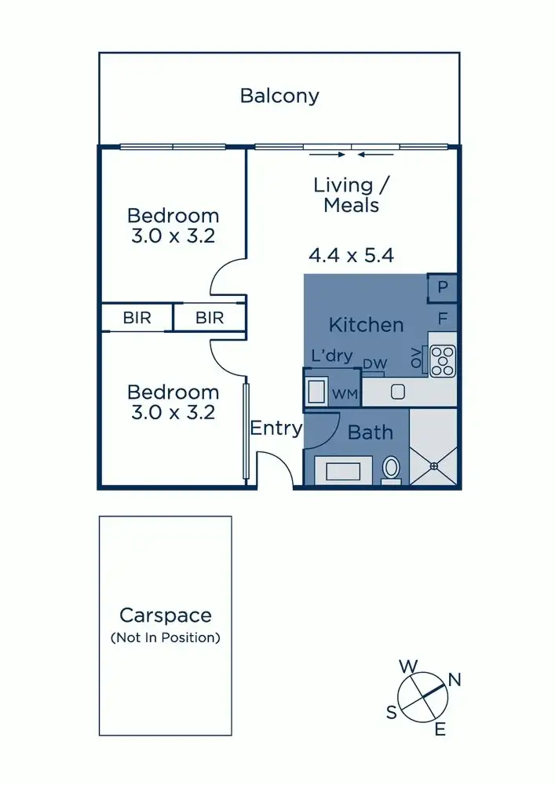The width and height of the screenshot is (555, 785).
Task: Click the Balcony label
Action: [x=279, y=97]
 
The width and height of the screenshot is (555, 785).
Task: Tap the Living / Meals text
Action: [x=346, y=195]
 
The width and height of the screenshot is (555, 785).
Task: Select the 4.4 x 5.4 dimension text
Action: [x=350, y=255]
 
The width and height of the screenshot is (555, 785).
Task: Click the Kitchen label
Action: [x=366, y=324]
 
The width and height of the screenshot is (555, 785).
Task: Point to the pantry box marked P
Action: [x=442, y=288]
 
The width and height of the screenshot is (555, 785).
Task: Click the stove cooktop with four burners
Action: [x=442, y=361]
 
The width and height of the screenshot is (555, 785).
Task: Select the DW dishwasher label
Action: [x=374, y=364]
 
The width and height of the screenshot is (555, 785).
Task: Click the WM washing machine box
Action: [x=344, y=392]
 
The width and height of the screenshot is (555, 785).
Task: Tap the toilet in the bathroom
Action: [x=391, y=469]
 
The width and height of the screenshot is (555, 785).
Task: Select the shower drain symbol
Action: [x=433, y=466]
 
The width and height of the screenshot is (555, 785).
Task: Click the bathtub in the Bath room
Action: [x=343, y=471]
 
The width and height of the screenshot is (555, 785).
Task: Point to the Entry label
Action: [x=276, y=429]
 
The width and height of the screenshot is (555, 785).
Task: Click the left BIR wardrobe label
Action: [x=137, y=318]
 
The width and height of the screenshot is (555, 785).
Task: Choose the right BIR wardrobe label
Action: [x=210, y=318]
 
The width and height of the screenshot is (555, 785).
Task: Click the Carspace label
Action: [x=165, y=615]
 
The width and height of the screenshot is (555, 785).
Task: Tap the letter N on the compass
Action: [x=454, y=681]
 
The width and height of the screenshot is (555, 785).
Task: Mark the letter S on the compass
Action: [x=391, y=713]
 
